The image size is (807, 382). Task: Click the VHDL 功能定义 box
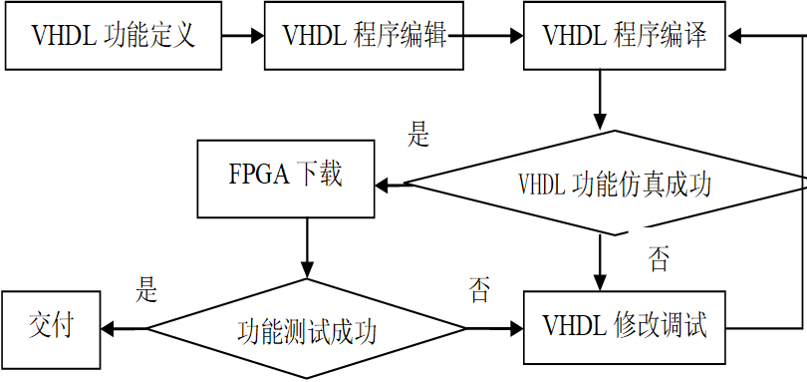[112, 36]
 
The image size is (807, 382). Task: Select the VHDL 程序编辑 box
[364, 36]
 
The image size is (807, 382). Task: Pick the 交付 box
[50, 327]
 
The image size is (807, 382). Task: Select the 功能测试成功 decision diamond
[306, 329]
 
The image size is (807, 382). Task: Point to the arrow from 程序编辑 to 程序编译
[493, 37]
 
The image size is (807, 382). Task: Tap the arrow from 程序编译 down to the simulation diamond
[600, 100]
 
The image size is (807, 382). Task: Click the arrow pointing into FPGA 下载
[391, 185]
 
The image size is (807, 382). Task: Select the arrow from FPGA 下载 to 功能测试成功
[306, 249]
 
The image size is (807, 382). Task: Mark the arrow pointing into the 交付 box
[125, 328]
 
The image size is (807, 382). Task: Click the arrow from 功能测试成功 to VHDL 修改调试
[494, 328]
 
